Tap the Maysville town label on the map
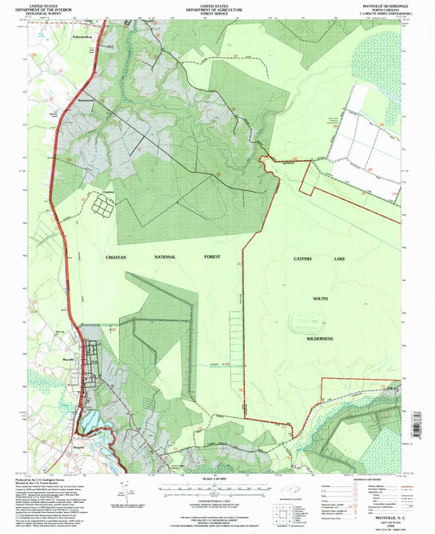(69, 358)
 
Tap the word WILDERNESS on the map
(320, 339)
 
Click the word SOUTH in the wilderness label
(320, 300)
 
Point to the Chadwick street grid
(104, 207)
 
